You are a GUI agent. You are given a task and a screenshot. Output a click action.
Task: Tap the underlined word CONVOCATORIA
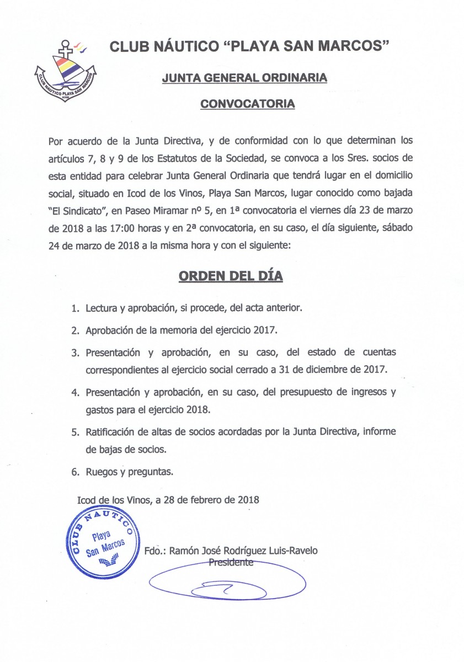[x=247, y=103]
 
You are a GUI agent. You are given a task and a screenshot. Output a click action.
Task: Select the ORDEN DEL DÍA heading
[x=231, y=276]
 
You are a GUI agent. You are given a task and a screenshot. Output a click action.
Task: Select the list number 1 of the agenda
[x=75, y=308]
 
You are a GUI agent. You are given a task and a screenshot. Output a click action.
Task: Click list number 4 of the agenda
[x=75, y=393]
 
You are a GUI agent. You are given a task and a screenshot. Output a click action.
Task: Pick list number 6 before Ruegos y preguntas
[x=75, y=472]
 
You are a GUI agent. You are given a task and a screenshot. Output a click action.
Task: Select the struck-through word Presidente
[x=231, y=562]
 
